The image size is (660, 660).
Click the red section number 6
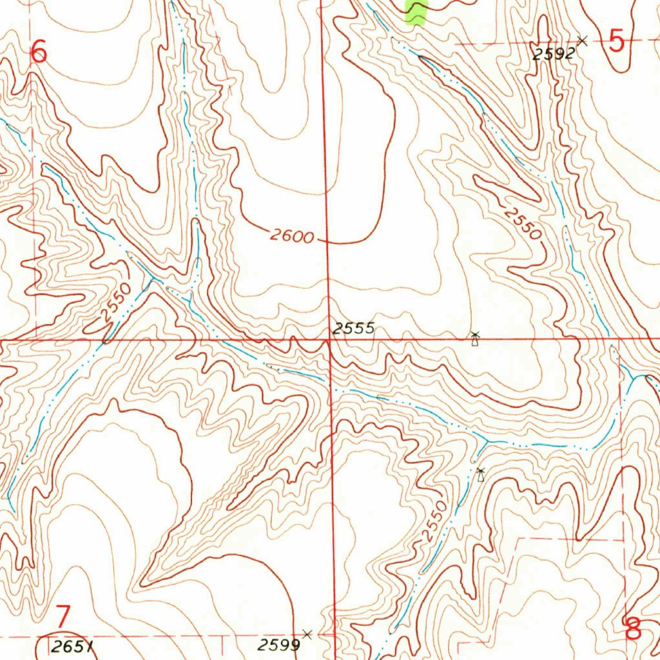tap(39, 52)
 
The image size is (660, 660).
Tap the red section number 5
tap(617, 43)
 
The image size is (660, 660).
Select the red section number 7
tap(63, 617)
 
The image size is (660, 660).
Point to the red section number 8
tap(634, 628)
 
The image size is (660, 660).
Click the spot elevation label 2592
tap(553, 55)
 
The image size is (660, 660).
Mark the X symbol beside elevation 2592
tap(582, 41)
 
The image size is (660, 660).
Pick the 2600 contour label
tap(291, 236)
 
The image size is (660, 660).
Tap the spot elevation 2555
tap(353, 328)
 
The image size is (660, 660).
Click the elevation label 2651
tap(72, 646)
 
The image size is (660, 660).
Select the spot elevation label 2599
tap(280, 645)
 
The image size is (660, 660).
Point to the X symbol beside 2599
tap(307, 634)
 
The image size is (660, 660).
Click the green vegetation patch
tap(416, 12)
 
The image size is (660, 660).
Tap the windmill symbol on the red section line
tap(475, 338)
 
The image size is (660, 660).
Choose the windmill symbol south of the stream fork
tap(480, 476)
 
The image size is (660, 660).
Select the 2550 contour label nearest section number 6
tap(117, 302)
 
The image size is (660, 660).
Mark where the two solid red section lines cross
tap(329, 339)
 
